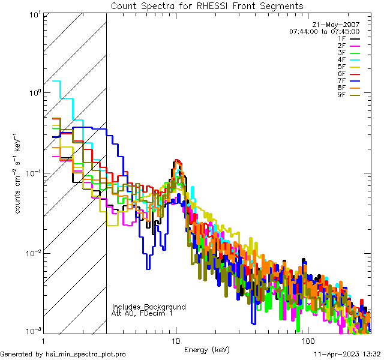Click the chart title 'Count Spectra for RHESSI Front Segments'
(x=207, y=5)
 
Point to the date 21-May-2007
(x=338, y=25)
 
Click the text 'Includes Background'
(x=149, y=307)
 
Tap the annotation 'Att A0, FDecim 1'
(x=142, y=313)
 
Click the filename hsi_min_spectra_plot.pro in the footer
(x=86, y=355)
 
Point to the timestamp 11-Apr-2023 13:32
(x=347, y=354)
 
